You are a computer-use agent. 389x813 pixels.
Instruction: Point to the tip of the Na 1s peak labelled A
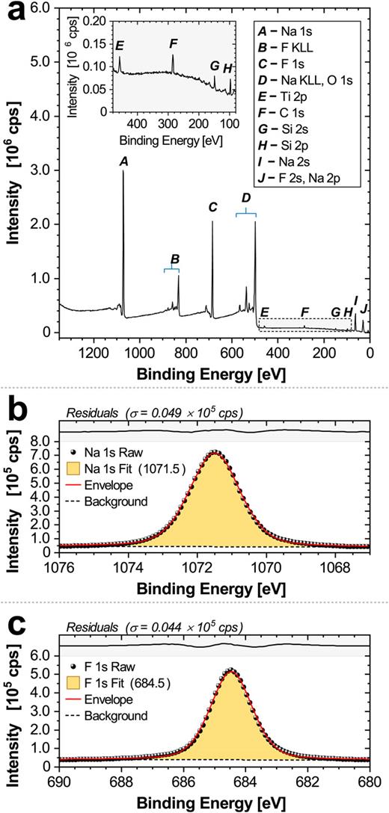coord(123,171)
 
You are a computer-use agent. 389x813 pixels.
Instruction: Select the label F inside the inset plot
coord(173,43)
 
